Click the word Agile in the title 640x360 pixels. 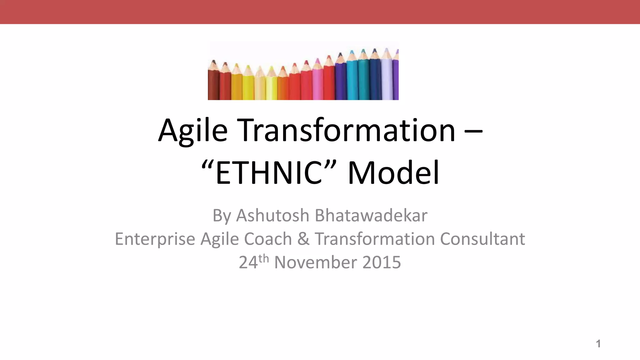tap(193, 131)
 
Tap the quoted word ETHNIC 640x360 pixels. tap(268, 172)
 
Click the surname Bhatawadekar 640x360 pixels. tap(371, 215)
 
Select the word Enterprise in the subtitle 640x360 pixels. tap(155, 239)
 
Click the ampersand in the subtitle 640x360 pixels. tap(303, 239)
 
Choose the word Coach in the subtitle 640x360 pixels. tap(268, 239)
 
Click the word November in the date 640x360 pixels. tap(315, 262)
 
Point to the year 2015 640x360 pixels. tap(382, 262)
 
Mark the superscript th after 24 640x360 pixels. tap(263, 259)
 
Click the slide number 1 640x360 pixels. tap(598, 344)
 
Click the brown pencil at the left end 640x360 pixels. tap(213, 83)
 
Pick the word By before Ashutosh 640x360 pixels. tap(222, 216)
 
